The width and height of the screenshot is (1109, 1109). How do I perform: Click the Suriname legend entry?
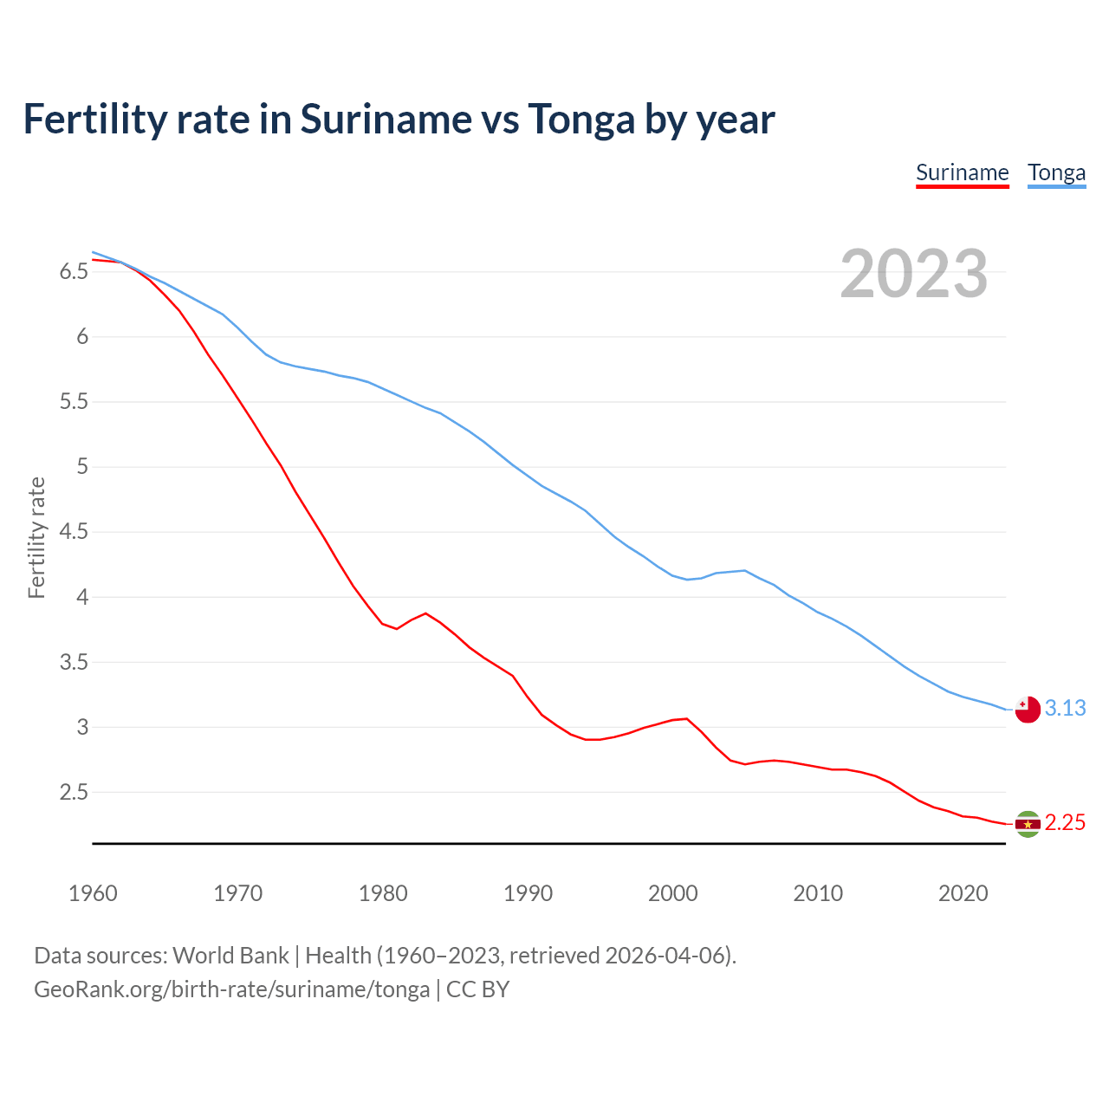962,172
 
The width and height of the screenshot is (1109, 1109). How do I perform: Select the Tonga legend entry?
1056,172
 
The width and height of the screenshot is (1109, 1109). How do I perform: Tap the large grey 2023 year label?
914,274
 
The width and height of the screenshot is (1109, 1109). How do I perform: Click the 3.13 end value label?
1065,708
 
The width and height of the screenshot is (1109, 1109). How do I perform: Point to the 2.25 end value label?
1065,822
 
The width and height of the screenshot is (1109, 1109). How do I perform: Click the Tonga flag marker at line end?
1028,710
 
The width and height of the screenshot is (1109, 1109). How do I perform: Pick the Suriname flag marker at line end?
1028,824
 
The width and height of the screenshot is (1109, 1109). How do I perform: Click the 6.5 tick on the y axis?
75,272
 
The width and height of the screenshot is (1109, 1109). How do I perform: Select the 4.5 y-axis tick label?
75,532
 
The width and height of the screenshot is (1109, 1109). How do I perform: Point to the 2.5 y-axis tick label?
75,792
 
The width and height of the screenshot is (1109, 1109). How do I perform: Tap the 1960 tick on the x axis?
93,893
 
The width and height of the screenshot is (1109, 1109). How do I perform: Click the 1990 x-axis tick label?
528,893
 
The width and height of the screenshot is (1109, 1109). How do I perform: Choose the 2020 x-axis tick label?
963,893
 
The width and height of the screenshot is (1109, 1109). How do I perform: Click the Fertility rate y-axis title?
36,537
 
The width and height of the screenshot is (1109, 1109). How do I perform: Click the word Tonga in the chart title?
581,120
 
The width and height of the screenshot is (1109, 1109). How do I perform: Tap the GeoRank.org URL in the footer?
231,989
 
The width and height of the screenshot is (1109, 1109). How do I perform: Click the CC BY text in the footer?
477,989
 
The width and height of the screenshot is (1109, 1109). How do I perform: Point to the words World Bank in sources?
230,956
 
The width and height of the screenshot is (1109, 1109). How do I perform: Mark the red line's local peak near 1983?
425,613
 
